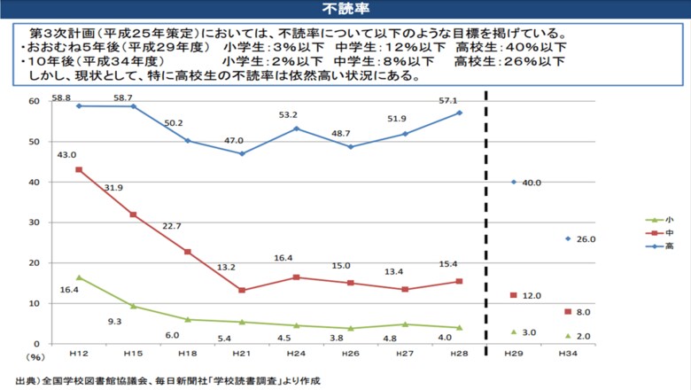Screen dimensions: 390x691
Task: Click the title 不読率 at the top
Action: click(x=345, y=10)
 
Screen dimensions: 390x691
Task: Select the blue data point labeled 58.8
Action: click(x=79, y=105)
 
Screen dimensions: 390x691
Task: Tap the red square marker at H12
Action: click(x=79, y=169)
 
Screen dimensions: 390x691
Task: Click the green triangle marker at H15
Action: click(x=133, y=306)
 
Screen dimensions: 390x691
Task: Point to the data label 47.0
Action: click(x=241, y=140)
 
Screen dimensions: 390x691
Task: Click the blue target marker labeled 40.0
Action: click(x=514, y=182)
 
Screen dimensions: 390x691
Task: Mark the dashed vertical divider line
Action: click(x=485, y=222)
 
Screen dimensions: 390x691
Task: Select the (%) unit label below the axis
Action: click(x=35, y=357)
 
